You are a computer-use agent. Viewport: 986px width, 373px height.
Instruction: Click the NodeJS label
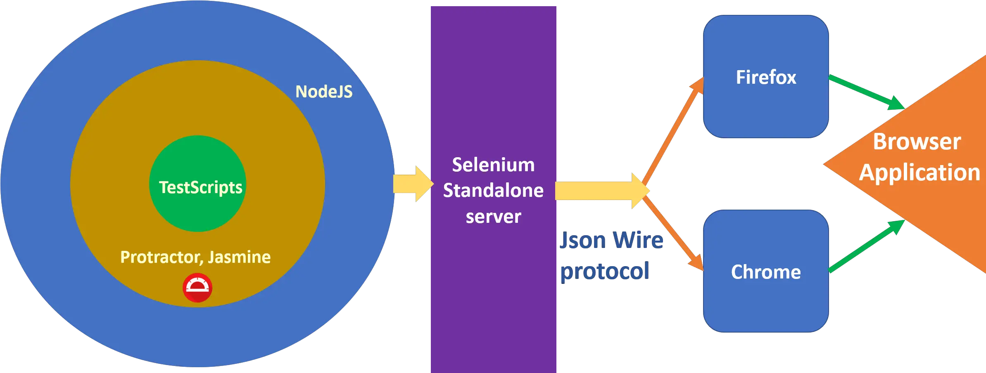coord(324,92)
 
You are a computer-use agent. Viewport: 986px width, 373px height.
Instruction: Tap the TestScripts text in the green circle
coord(201,188)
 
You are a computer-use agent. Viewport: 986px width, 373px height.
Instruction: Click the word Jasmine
coord(239,257)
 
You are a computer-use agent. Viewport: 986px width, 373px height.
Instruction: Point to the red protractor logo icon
coord(197,288)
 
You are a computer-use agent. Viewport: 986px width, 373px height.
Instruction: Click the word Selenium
coord(493,165)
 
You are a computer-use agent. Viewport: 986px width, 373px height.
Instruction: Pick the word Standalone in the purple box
coord(493,191)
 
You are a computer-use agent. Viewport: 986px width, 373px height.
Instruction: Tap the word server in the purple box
coord(493,217)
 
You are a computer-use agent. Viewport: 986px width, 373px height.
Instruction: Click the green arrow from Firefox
coord(865,92)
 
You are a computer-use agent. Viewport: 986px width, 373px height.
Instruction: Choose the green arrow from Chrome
coord(865,247)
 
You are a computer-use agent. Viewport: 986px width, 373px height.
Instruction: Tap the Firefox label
coord(766,78)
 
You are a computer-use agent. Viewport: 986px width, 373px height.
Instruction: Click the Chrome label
coord(766,272)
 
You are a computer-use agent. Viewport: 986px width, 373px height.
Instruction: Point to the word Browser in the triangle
coord(917,142)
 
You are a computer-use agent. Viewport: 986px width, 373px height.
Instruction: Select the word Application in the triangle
coord(919,172)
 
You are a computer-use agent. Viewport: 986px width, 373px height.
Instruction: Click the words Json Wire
coord(611,240)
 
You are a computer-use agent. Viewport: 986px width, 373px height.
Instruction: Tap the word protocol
coord(605,271)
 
